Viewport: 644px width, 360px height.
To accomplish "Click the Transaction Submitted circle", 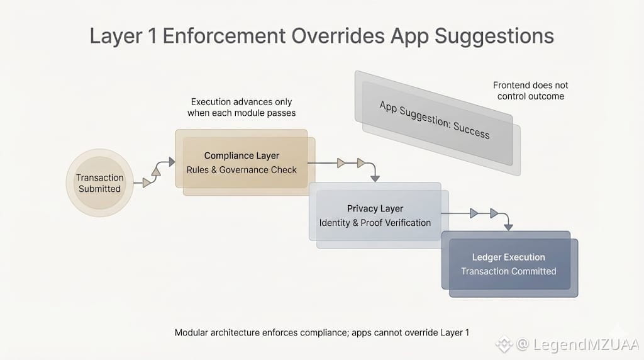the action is coord(99,183).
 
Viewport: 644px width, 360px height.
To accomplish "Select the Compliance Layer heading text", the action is coord(241,155).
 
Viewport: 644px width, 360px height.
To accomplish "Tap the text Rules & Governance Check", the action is coord(241,170).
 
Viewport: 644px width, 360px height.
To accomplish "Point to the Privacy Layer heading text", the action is coord(375,208).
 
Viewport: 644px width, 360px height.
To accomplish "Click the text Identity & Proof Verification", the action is coord(375,223).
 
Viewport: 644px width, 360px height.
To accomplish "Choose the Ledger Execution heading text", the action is coord(508,257).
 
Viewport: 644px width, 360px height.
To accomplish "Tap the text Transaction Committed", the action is coord(508,271).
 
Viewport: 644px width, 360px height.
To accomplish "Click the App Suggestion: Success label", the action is coord(435,120).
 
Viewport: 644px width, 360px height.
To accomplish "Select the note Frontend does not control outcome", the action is coord(530,91).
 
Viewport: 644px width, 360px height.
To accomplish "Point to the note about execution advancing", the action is coord(241,107).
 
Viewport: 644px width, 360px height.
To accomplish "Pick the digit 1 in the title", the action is coord(152,36).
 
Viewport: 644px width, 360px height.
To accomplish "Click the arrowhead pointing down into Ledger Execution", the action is coord(509,226).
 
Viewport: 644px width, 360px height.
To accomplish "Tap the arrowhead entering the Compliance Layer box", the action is coord(171,162).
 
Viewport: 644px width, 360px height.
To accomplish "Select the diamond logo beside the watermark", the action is coord(504,344).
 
